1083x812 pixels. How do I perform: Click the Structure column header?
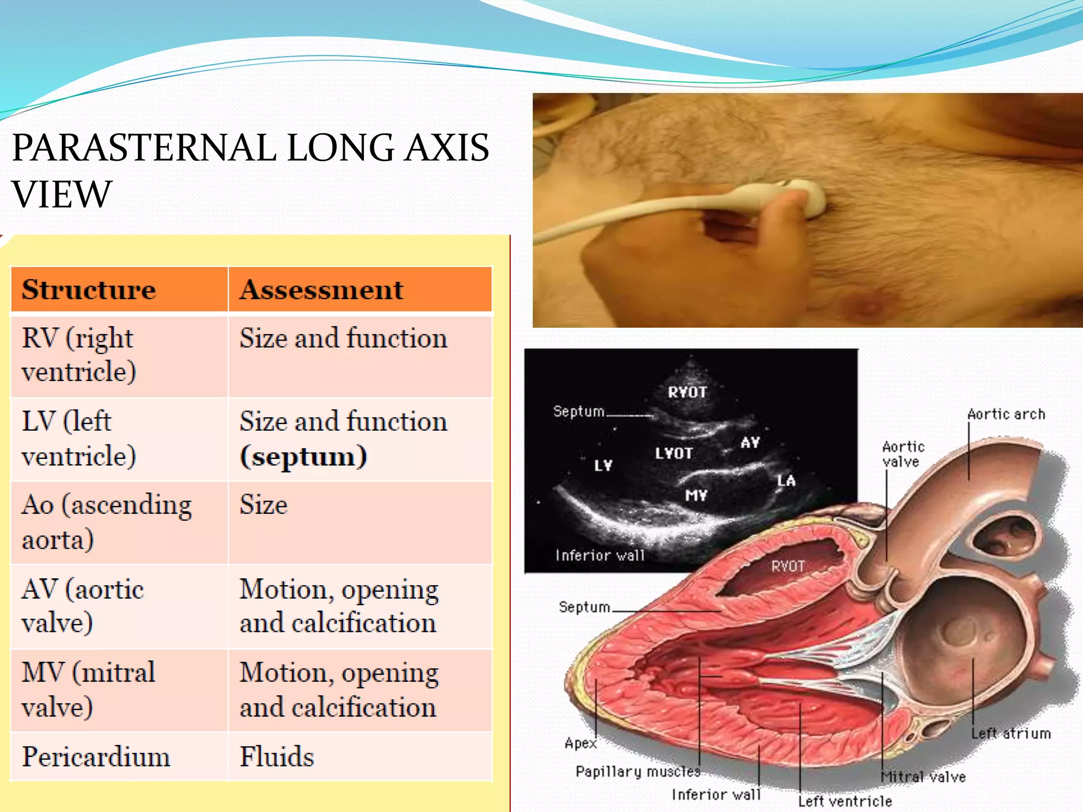(89, 290)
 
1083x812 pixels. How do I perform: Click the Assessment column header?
(322, 290)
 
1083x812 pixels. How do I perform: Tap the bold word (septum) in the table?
(304, 457)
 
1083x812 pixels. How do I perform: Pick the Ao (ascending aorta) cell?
(106, 522)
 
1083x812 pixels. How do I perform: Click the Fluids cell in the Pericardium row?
(277, 756)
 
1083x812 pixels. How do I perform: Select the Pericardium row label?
(96, 756)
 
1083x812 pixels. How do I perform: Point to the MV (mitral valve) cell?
(89, 690)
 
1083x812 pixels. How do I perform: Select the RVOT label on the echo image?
(687, 392)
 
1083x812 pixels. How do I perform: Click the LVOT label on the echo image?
(674, 454)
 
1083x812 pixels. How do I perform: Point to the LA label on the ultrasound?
(786, 481)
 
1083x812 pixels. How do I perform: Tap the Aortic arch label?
(1006, 414)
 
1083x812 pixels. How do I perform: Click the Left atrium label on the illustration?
(1011, 734)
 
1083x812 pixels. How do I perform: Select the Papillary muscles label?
(638, 772)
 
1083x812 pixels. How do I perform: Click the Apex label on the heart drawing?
(580, 743)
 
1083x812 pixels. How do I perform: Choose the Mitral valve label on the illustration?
(923, 777)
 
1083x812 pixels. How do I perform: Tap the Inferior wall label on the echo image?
(600, 556)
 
